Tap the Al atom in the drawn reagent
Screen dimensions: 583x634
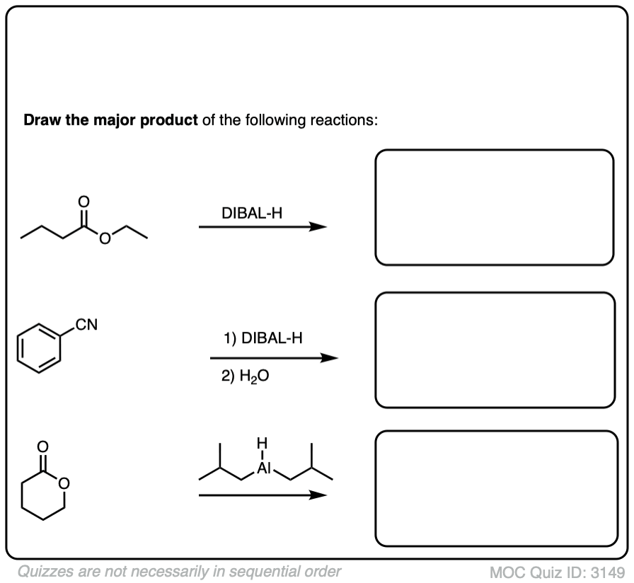coord(263,468)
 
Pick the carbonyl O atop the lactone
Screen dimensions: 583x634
coord(42,446)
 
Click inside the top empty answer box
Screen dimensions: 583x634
coord(494,207)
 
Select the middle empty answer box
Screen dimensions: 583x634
coord(495,350)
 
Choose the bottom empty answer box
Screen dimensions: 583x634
coord(496,488)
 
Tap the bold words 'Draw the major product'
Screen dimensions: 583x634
coord(111,120)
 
